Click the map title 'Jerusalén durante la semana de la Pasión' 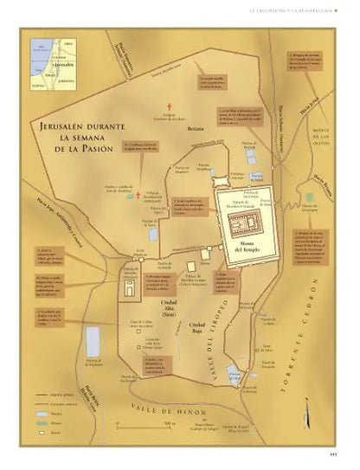pyautogui.click(x=68, y=138)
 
